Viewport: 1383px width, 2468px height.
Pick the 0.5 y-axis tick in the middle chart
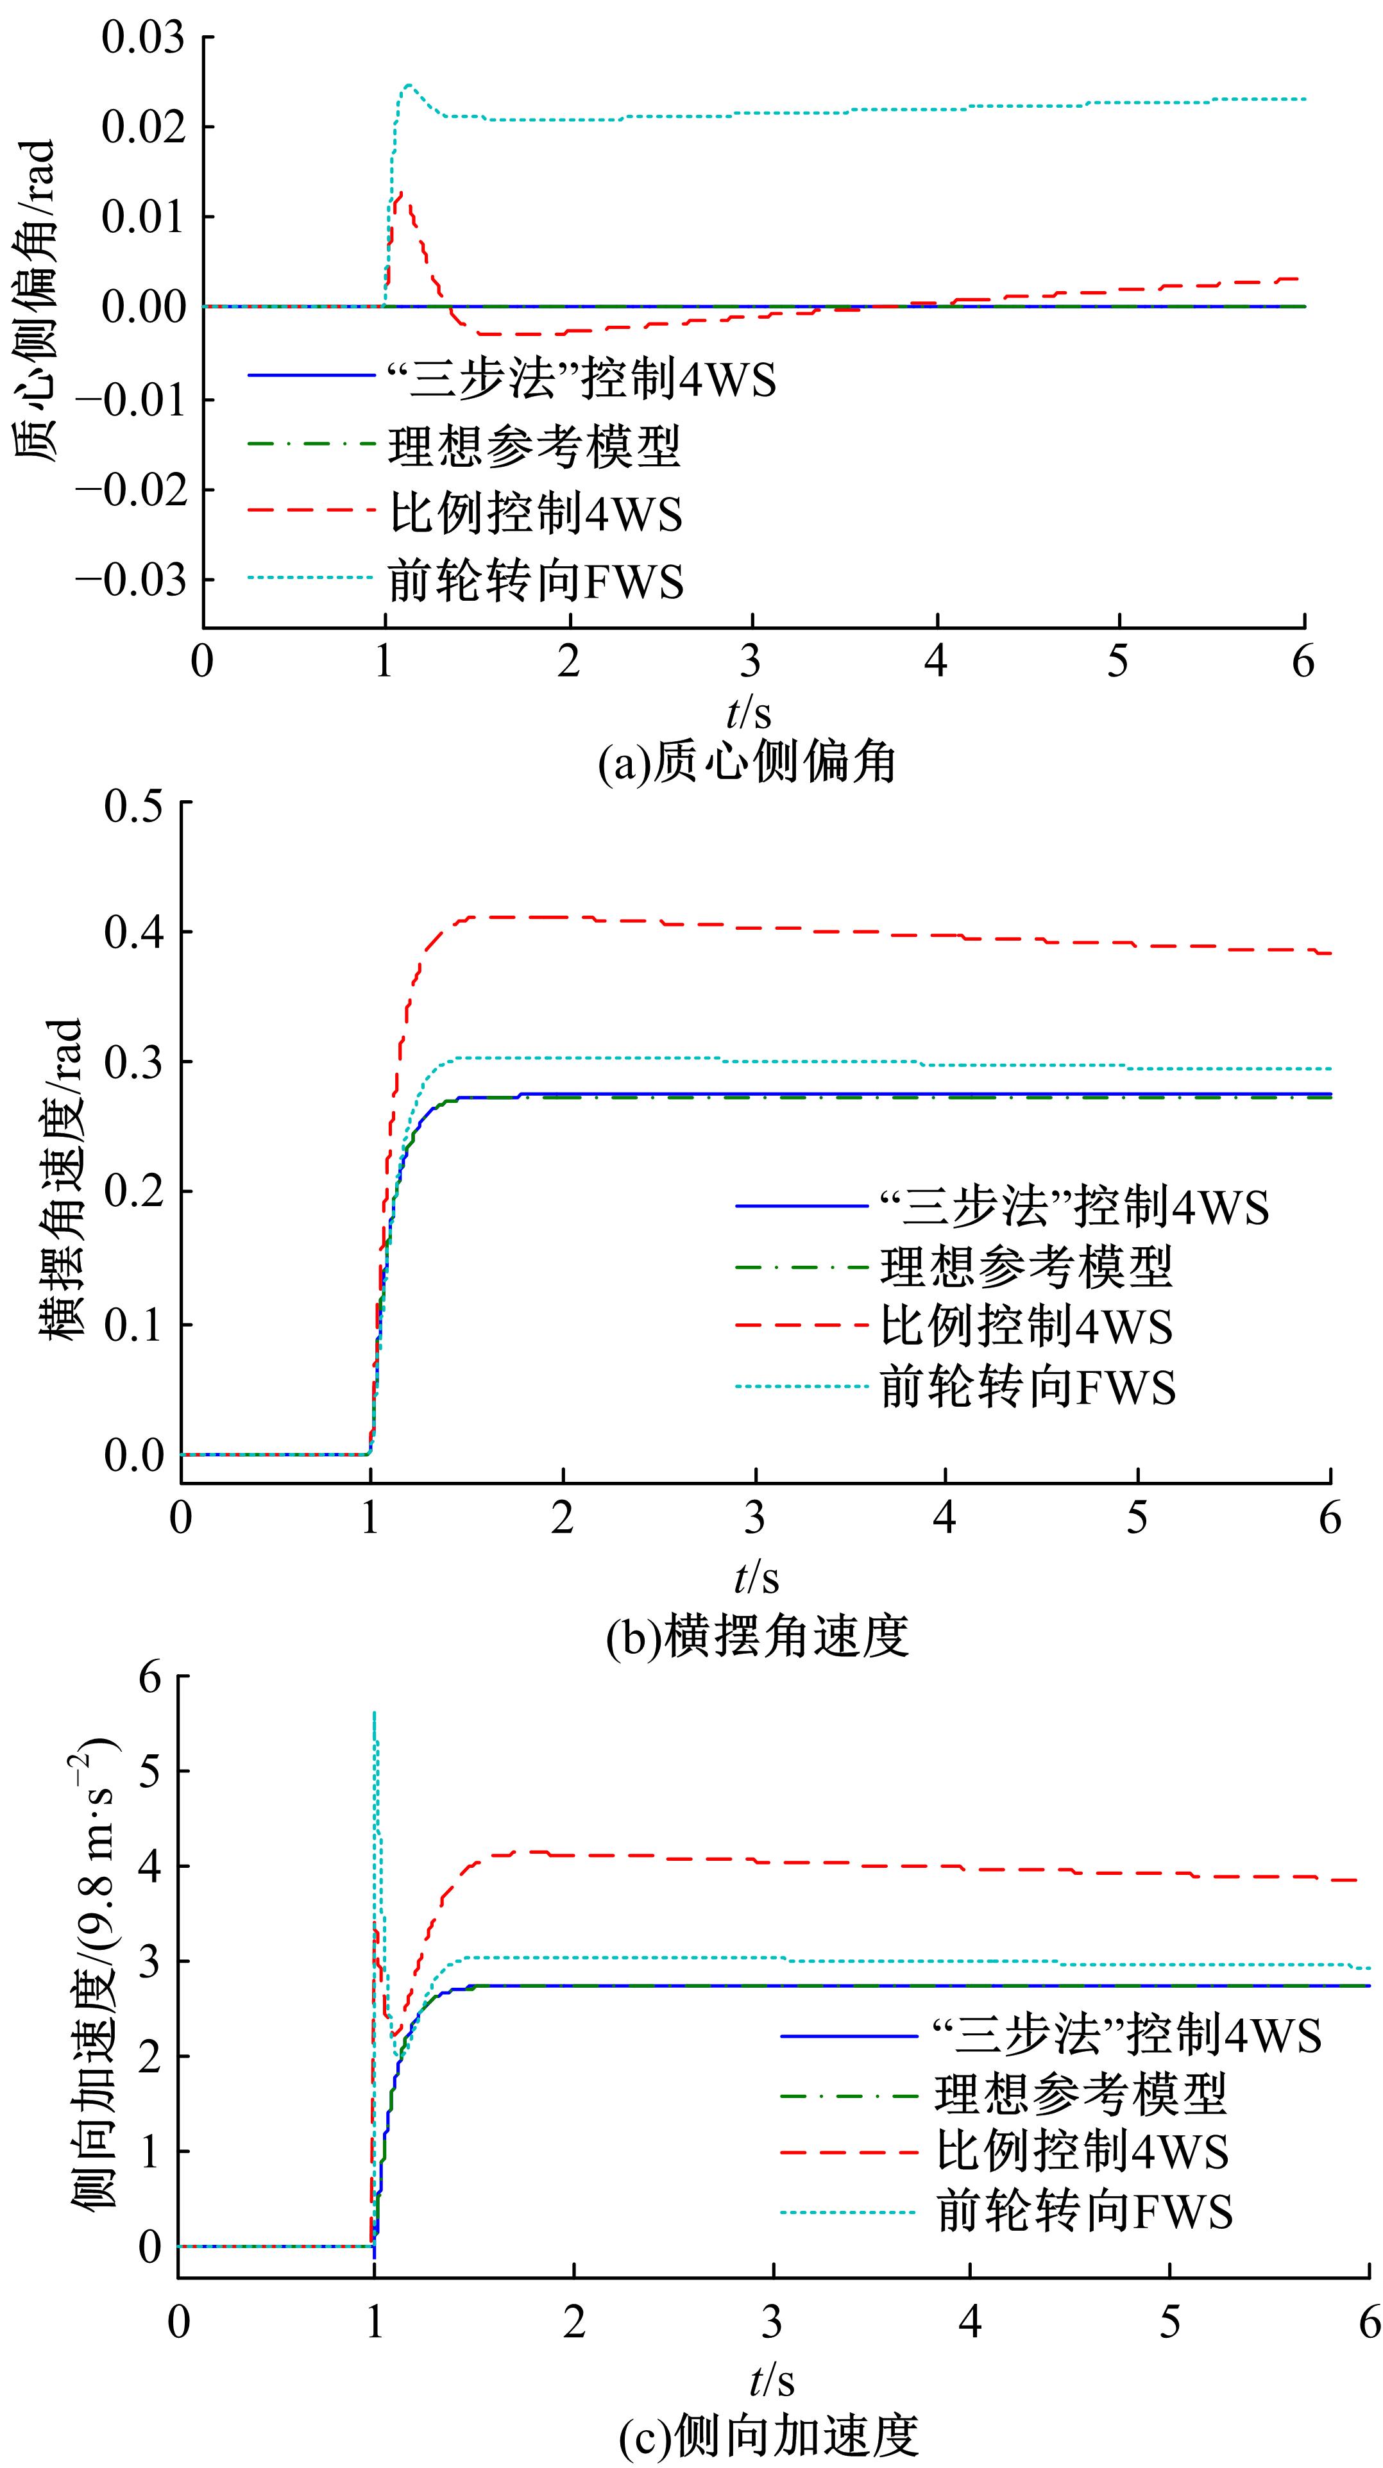(133, 803)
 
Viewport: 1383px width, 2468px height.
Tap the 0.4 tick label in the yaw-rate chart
(133, 932)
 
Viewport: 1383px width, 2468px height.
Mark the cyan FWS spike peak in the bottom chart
(374, 1711)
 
